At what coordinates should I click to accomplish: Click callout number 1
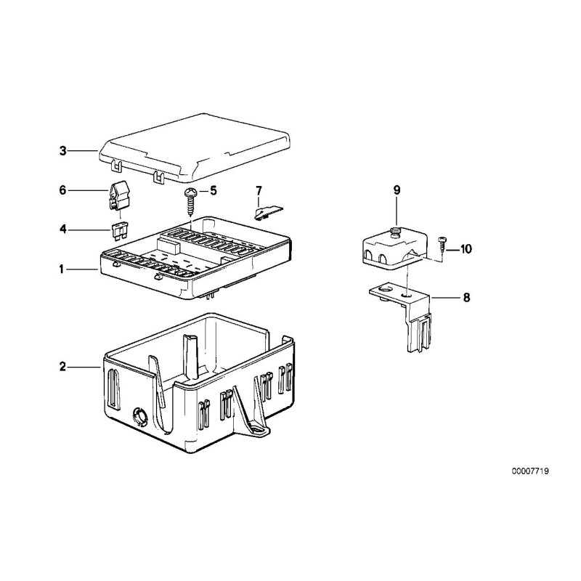coord(62,269)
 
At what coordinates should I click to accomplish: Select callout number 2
coord(62,367)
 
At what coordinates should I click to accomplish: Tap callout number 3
coord(62,151)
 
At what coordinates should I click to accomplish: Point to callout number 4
coord(62,229)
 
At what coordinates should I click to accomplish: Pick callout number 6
coord(62,190)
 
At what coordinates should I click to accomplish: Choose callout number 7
coord(258,191)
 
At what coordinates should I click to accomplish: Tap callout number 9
coord(397,190)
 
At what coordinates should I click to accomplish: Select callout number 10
coord(465,249)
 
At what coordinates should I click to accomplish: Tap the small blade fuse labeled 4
coord(121,230)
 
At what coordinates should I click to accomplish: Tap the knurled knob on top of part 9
coord(395,231)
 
